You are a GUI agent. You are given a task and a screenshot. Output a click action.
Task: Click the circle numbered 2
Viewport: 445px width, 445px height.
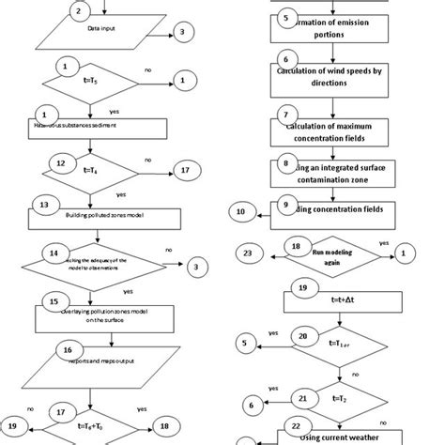click(79, 11)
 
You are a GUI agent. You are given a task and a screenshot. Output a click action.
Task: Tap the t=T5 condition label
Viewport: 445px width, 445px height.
click(89, 81)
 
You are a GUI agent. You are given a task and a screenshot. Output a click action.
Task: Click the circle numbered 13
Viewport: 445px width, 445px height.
click(41, 203)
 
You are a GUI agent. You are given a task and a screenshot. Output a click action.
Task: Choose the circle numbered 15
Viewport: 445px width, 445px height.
click(49, 301)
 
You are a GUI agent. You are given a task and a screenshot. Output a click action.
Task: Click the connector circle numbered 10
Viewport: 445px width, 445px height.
click(242, 214)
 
